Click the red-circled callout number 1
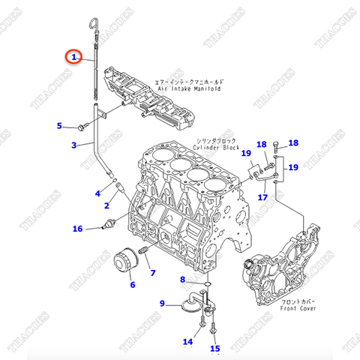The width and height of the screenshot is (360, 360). point(73,56)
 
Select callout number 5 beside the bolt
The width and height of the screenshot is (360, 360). point(61,126)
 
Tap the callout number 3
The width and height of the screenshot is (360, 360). point(73,145)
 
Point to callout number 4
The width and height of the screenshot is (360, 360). point(97,193)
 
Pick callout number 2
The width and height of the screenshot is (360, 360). point(106,205)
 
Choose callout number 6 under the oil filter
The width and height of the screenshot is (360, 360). point(133,285)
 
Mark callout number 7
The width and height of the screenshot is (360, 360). point(152,272)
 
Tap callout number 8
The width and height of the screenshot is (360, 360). point(182,280)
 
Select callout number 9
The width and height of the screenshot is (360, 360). point(162,303)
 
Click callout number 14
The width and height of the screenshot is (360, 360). point(188,343)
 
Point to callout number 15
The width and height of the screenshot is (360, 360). point(215,349)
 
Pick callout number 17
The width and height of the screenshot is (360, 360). point(262,198)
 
